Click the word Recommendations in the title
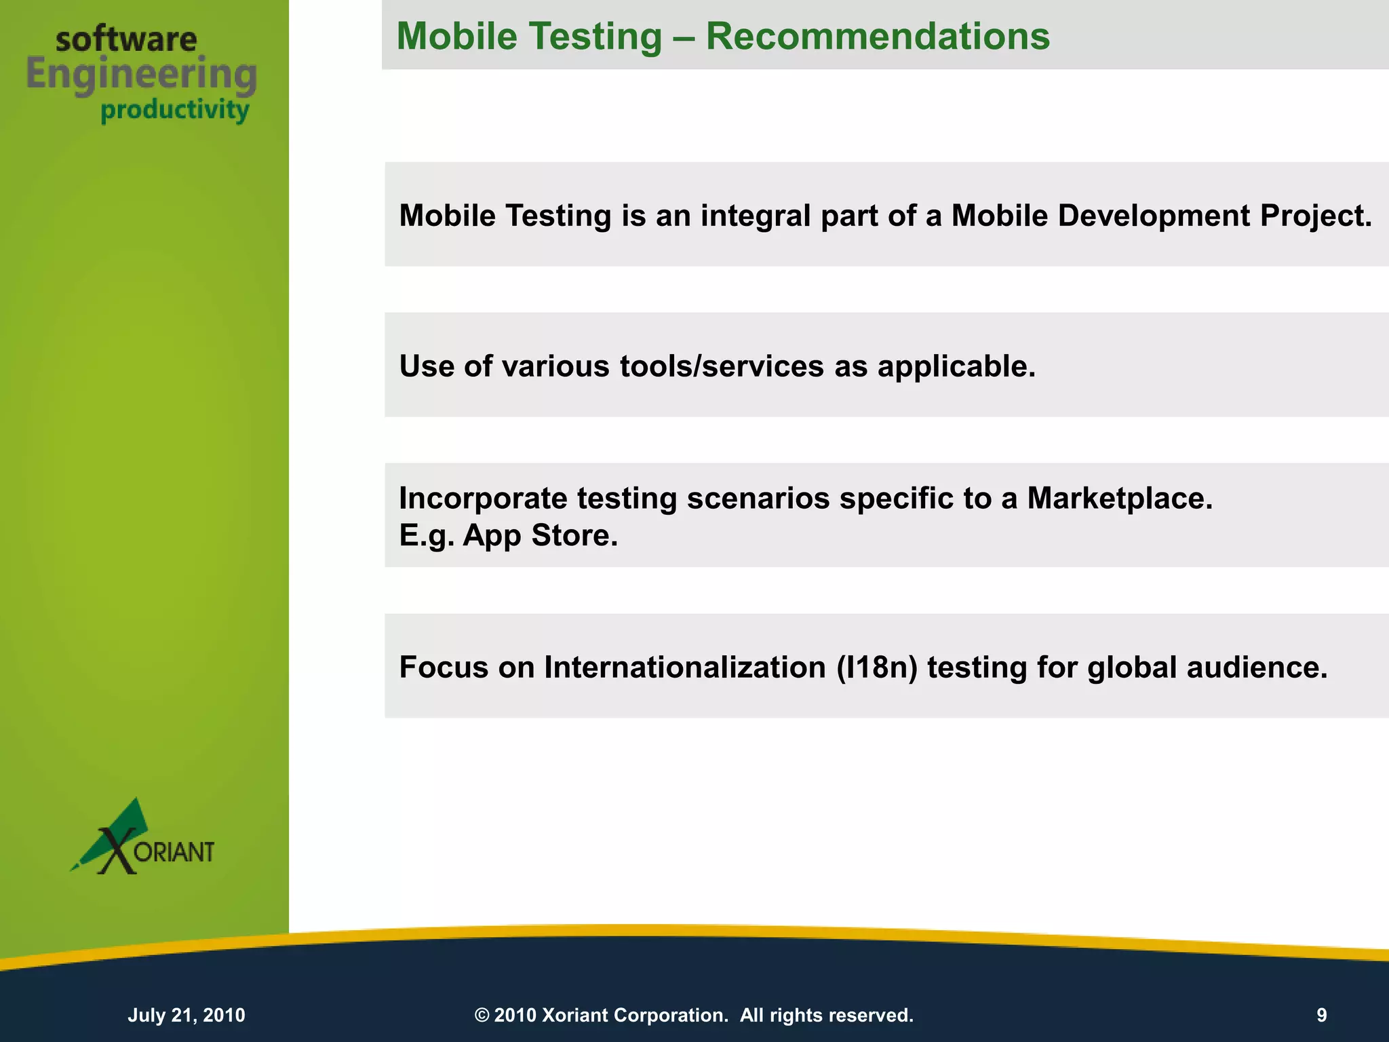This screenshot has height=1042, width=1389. click(878, 37)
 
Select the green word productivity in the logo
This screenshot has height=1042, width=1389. click(175, 110)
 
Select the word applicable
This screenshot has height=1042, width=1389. click(956, 366)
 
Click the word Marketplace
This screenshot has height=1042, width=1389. click(1119, 499)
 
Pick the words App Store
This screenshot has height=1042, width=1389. click(540, 536)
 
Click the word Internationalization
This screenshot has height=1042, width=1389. click(684, 668)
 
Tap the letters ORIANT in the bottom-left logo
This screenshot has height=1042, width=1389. click(174, 852)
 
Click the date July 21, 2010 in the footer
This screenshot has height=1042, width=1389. click(187, 1015)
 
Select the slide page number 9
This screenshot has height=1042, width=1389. click(1321, 1015)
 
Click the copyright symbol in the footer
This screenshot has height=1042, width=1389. click(482, 1015)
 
